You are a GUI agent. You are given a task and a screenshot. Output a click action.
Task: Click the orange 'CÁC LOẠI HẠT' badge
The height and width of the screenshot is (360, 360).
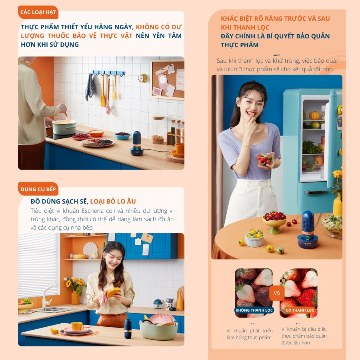pyautogui.click(x=38, y=12)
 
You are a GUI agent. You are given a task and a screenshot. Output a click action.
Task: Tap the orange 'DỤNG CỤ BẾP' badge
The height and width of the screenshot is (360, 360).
pyautogui.click(x=38, y=189)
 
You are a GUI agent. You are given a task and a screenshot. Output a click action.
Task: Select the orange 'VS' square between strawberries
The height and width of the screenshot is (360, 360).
pyautogui.click(x=277, y=293)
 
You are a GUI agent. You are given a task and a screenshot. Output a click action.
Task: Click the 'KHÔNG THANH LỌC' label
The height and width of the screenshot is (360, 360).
pyautogui.click(x=254, y=310)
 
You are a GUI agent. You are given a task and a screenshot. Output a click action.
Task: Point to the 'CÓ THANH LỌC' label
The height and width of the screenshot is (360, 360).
pyautogui.click(x=300, y=310)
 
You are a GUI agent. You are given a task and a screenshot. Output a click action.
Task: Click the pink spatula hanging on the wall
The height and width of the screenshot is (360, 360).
pyautogui.click(x=108, y=96)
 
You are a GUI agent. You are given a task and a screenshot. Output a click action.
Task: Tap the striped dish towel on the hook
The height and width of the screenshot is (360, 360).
pyautogui.click(x=90, y=87)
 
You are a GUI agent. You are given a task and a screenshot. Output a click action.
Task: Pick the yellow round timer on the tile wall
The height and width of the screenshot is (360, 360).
pyautogui.click(x=142, y=78)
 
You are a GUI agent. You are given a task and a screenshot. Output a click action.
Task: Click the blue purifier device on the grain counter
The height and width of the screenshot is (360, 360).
pyautogui.click(x=137, y=144)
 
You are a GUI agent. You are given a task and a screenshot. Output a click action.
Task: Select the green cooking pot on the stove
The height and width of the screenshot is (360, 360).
pyautogui.click(x=64, y=127)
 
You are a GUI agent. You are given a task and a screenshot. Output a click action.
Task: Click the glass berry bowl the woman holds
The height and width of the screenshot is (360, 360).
pyautogui.click(x=264, y=159)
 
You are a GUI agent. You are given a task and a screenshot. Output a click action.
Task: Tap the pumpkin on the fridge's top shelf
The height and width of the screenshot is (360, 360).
pyautogui.click(x=314, y=116)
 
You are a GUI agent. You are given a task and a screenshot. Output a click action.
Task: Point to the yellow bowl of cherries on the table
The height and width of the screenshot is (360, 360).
pyautogui.click(x=274, y=222)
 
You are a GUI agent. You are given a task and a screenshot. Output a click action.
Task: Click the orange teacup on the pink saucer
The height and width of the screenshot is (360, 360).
pyautogui.click(x=77, y=326)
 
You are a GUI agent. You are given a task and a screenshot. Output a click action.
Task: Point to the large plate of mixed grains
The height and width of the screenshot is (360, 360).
pyautogui.click(x=97, y=142)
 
